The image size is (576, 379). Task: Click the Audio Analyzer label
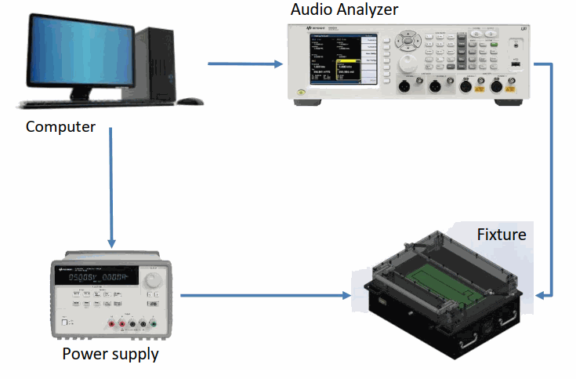344,10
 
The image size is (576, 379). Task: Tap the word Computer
60,126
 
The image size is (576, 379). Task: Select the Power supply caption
110,354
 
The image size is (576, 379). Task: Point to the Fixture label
502,234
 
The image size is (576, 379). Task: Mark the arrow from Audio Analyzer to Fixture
555,180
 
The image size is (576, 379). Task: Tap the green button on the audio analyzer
494,46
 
